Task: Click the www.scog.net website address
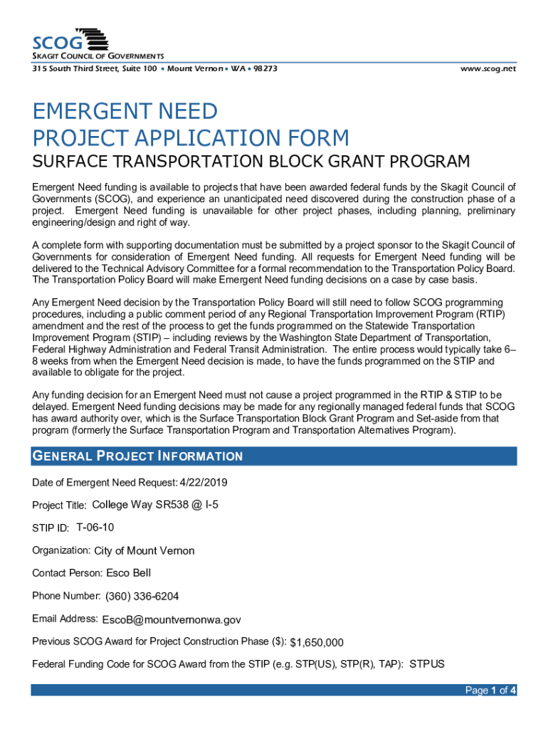[488, 69]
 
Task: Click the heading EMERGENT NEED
[125, 112]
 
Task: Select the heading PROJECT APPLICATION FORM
[191, 137]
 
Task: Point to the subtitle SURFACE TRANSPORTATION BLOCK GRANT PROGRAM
[251, 162]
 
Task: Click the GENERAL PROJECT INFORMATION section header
[137, 456]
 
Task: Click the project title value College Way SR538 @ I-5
[156, 505]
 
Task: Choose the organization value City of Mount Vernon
[144, 551]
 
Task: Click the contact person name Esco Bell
[129, 573]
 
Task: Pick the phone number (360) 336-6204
[142, 597]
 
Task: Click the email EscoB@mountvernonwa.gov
[172, 620]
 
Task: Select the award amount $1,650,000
[317, 643]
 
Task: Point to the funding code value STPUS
[427, 665]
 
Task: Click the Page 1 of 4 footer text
[490, 691]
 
